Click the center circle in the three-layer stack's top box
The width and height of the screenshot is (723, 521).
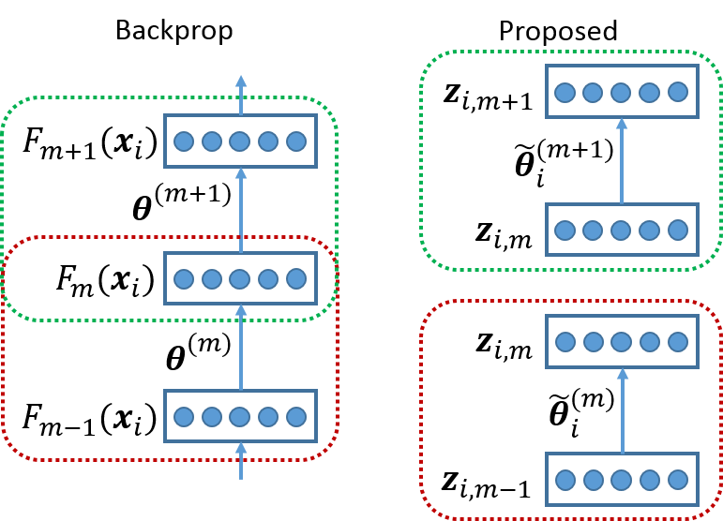pos(240,141)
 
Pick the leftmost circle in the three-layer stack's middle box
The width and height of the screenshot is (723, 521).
pos(184,279)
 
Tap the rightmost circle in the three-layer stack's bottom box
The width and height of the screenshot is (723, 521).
pos(296,417)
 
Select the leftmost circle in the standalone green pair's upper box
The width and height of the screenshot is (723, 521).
pos(565,92)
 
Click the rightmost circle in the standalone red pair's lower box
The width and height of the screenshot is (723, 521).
pos(678,481)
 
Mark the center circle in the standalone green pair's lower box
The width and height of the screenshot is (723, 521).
pos(621,231)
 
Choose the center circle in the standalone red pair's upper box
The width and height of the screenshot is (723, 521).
pos(622,342)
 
